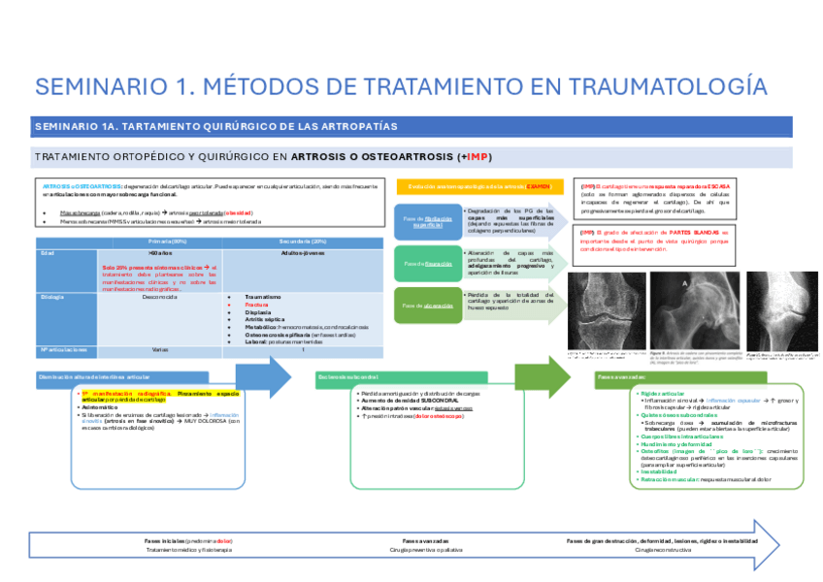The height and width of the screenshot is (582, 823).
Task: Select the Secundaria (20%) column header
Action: coord(304,241)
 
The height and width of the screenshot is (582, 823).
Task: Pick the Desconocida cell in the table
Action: coord(157,297)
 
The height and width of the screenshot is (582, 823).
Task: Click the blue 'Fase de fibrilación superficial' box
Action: coord(423,221)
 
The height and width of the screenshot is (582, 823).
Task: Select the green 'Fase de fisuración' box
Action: coord(423,263)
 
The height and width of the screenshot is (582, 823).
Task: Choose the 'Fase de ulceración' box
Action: coord(423,305)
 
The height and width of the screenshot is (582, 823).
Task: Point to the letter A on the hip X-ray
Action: coord(684,284)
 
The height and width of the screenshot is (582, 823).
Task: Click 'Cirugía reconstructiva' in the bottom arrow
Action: coord(664,550)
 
